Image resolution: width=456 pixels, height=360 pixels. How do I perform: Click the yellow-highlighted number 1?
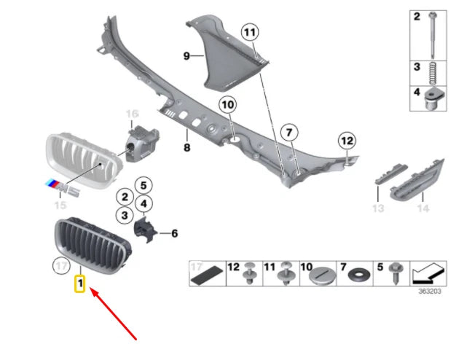point(81,282)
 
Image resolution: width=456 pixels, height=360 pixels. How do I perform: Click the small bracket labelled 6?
point(146,231)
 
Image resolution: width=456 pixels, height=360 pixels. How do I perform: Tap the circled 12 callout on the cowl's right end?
point(346,140)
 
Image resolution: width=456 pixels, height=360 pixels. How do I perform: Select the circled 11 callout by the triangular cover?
point(251,32)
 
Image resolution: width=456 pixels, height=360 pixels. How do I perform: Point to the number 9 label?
point(186,55)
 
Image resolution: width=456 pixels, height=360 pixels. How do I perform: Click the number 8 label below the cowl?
point(186,148)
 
